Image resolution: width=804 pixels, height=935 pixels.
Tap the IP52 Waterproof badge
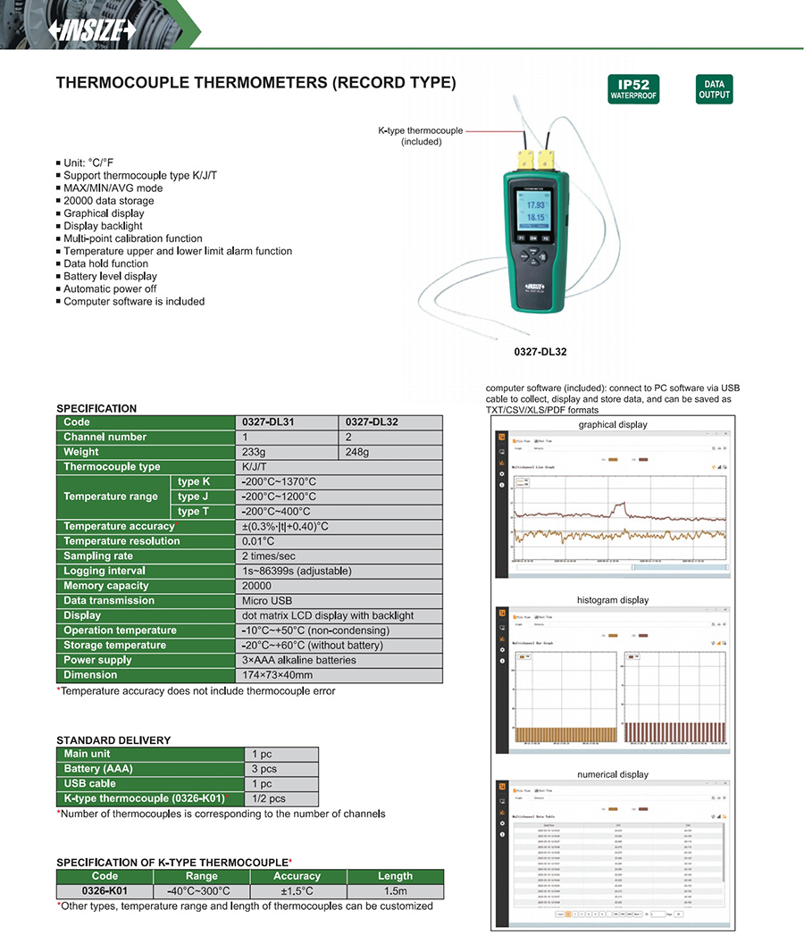coord(632,88)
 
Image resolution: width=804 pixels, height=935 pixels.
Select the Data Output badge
coord(713,88)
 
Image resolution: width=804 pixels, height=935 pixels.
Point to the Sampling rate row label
coord(98,556)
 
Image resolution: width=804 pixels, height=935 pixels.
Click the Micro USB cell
coord(267,601)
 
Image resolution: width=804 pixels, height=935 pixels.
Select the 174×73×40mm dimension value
coord(278,675)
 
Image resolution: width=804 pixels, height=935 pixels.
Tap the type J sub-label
coord(194,497)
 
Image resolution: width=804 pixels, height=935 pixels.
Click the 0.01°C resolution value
coord(258,541)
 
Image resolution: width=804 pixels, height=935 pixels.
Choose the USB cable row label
coord(90,784)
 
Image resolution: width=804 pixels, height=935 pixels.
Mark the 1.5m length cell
coord(395,891)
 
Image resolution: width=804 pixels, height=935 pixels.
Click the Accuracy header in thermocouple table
coord(297,876)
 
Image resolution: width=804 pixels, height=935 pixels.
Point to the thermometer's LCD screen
coord(534,211)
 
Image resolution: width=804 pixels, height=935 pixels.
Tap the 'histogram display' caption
coord(612,600)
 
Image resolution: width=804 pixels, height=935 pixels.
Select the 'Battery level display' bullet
coord(110,276)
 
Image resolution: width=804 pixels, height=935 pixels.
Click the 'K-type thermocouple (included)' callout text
coord(420,136)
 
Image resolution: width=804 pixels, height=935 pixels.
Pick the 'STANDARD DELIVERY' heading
coord(113,740)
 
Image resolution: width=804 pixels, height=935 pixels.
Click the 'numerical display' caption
coord(612,774)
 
